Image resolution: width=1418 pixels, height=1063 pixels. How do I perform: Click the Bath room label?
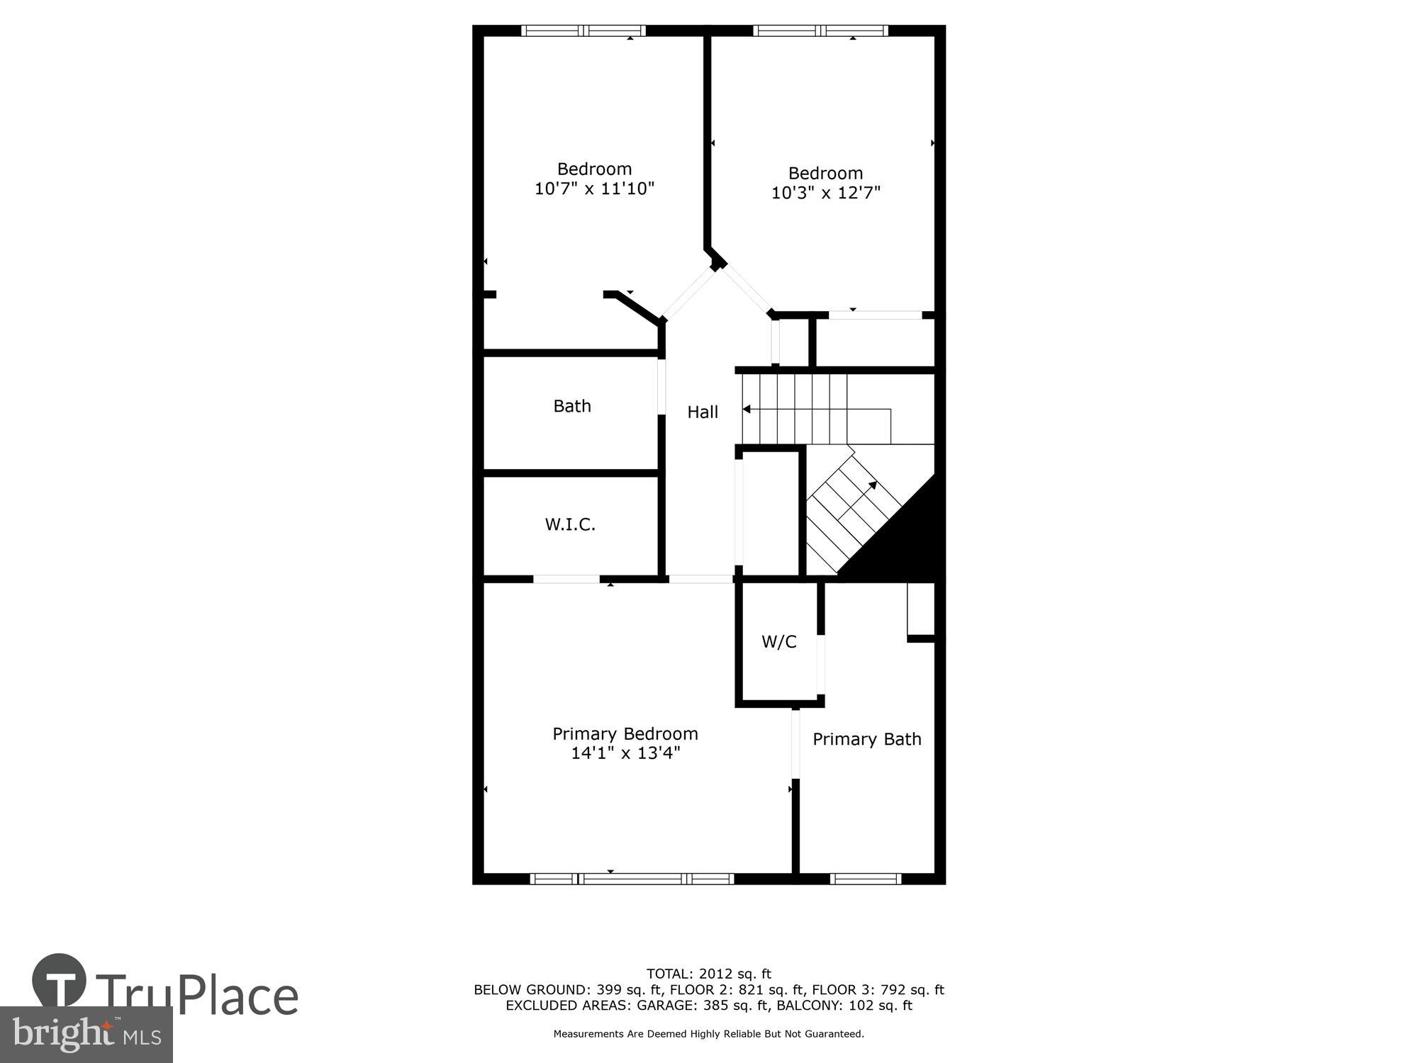572,406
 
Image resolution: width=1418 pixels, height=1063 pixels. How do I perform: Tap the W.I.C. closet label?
570,524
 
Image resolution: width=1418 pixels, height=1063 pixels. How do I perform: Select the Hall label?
703,412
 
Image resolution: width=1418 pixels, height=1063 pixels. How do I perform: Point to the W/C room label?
779,642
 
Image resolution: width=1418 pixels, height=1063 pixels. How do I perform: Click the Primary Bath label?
866,739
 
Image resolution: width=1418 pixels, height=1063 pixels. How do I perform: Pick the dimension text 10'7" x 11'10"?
594,189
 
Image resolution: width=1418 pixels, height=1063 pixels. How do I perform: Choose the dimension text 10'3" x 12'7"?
826,193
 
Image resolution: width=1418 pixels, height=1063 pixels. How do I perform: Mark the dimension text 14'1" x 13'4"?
625,753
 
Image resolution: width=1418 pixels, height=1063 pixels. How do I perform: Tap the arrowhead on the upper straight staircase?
747,410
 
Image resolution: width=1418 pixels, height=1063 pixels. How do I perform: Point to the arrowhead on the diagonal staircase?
873,485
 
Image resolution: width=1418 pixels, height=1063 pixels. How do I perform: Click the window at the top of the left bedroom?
584,30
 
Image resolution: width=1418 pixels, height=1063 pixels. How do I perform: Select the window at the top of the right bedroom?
820,30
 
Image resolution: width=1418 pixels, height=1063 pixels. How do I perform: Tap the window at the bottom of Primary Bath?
866,879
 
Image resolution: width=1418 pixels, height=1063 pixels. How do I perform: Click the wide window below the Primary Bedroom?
632,879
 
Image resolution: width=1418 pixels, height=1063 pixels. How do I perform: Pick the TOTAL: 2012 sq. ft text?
708,974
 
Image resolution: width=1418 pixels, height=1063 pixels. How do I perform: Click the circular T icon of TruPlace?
60,980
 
